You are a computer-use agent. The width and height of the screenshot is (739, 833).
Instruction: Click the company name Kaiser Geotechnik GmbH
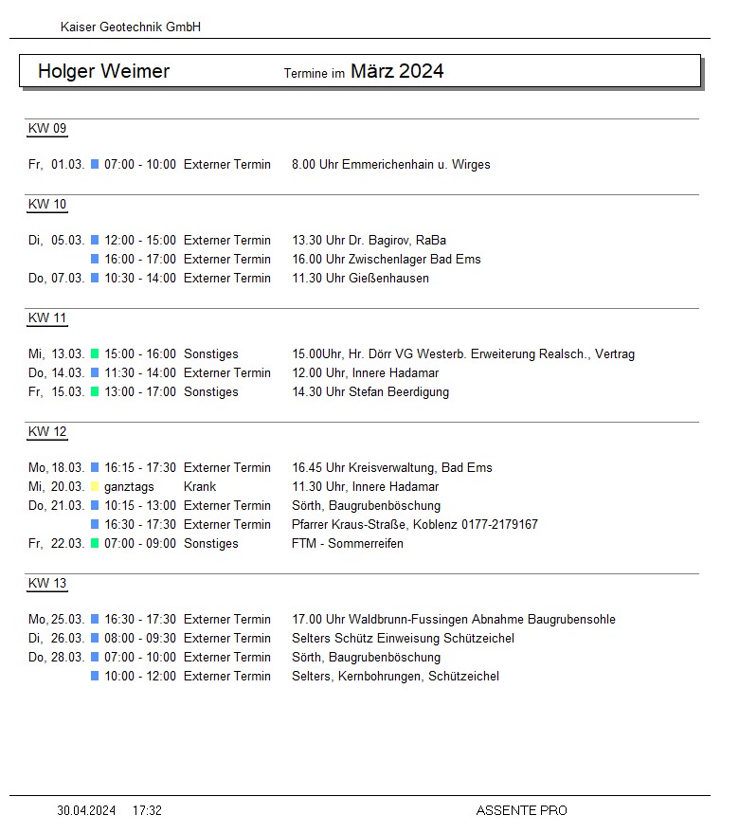130,27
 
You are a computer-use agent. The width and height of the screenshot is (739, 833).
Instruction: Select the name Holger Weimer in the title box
103,71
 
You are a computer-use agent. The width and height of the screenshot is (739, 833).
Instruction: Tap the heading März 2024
397,71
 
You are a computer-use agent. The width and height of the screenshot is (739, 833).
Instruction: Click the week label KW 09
47,129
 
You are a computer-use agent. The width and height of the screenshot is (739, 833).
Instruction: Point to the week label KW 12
47,432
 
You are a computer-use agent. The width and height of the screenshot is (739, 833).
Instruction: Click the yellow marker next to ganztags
95,487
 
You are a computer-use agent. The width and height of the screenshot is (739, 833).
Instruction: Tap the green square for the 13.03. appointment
95,354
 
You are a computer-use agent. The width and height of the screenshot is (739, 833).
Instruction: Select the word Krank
200,487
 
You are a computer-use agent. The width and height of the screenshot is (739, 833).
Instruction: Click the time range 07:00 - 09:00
139,544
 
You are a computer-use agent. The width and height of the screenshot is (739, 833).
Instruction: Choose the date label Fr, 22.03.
57,544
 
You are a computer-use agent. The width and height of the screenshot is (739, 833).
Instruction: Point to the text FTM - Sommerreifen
347,544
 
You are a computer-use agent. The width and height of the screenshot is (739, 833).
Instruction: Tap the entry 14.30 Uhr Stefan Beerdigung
370,392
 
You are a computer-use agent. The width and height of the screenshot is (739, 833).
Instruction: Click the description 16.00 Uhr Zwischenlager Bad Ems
387,260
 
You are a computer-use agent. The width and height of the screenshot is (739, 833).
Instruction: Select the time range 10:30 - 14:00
139,279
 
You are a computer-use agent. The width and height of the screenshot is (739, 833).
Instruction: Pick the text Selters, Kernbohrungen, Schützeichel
395,677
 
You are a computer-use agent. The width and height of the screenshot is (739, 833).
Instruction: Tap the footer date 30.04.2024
86,811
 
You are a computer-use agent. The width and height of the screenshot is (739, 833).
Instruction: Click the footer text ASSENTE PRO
521,811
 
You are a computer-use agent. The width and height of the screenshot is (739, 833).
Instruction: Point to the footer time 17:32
147,811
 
